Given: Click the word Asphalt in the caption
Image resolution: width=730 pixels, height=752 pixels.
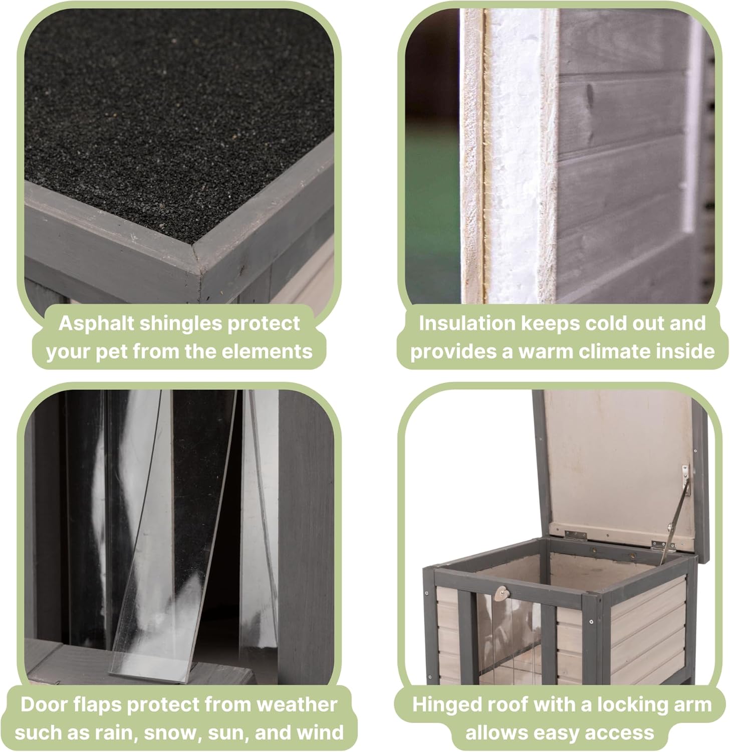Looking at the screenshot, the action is click(x=96, y=324).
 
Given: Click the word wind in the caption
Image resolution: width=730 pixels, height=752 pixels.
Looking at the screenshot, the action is click(x=323, y=732).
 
